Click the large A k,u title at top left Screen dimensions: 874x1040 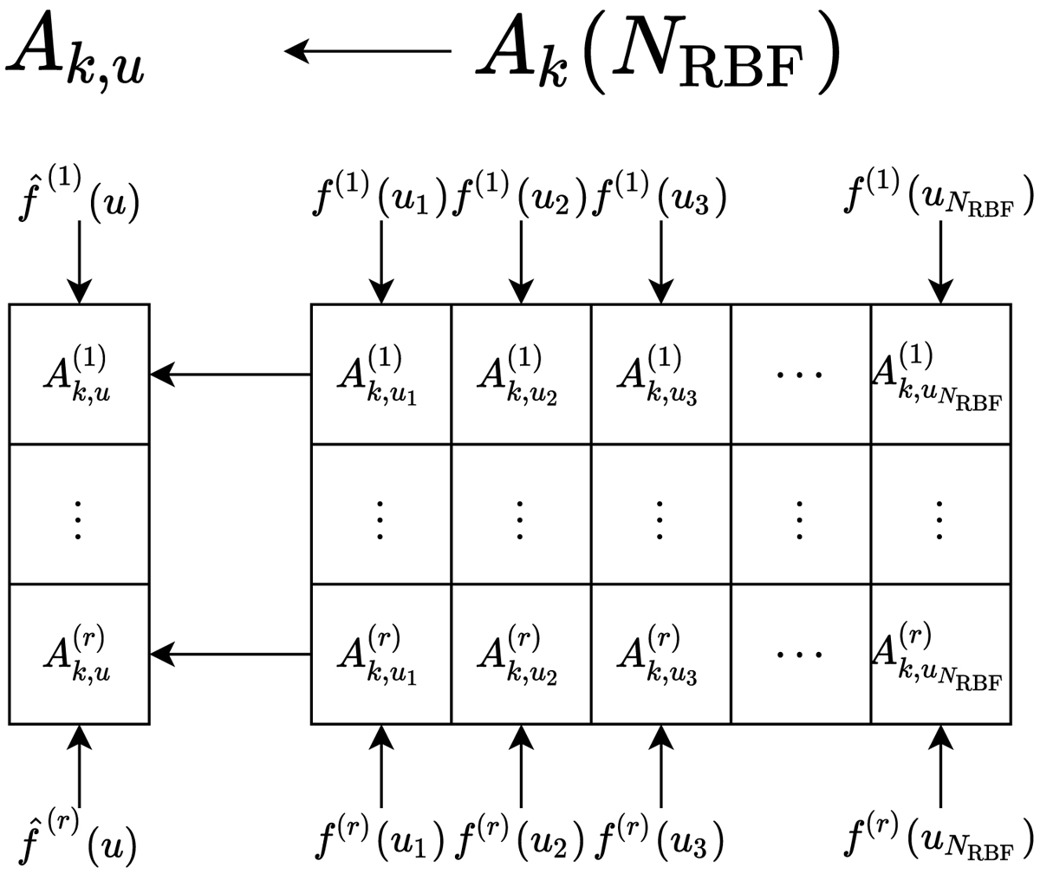click(76, 54)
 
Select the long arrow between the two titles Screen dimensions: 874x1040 click(368, 52)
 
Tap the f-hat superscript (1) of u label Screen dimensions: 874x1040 click(78, 200)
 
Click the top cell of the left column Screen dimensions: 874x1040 click(79, 374)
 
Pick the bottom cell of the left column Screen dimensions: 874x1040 click(79, 654)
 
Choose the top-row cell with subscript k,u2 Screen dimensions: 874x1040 click(521, 374)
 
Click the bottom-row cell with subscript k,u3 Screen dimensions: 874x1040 click(661, 654)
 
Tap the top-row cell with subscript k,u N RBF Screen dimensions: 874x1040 click(940, 374)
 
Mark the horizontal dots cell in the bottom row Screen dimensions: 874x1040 click(801, 654)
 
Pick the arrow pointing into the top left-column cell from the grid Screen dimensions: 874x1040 click(231, 375)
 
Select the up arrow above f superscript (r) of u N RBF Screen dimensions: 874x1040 click(940, 766)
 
